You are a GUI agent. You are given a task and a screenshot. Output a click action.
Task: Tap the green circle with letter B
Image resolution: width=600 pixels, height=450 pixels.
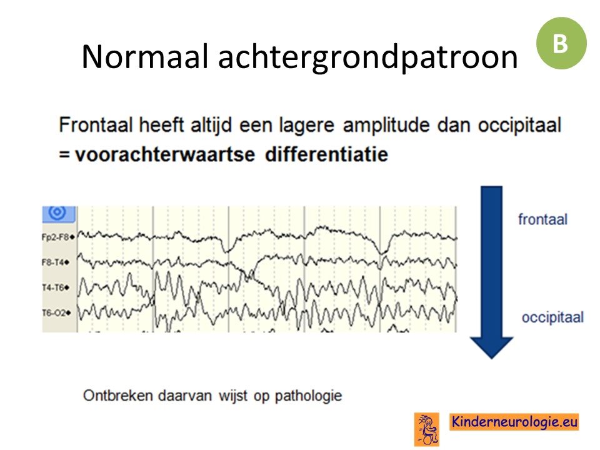[x=561, y=43]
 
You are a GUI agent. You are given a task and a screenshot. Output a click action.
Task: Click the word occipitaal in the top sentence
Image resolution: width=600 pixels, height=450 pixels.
[x=519, y=126]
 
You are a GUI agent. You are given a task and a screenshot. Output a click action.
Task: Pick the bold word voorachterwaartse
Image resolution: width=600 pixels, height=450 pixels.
[x=164, y=154]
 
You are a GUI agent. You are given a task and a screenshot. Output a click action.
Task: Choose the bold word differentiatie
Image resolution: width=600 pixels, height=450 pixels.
[x=326, y=154]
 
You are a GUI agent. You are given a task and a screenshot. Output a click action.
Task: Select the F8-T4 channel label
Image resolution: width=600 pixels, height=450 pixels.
[x=56, y=262]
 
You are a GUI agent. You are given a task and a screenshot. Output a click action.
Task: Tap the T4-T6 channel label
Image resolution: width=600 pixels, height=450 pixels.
[x=56, y=287]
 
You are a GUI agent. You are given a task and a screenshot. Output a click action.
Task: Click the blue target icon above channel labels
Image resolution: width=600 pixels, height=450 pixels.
[x=58, y=212]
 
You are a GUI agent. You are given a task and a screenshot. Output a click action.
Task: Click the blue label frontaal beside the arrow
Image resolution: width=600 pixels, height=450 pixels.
[x=542, y=219]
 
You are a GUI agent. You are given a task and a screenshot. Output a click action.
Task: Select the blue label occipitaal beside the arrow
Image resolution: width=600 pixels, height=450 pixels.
[x=552, y=317]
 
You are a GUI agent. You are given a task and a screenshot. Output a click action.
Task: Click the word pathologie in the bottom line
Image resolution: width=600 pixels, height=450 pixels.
[x=308, y=396]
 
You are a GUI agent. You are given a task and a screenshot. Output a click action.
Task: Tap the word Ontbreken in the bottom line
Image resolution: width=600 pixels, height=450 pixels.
[x=118, y=395]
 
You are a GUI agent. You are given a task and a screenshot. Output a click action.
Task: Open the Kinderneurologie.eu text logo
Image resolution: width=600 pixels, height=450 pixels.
[x=514, y=422]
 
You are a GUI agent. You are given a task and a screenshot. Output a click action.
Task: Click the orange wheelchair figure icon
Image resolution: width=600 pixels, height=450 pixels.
[x=427, y=429]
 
